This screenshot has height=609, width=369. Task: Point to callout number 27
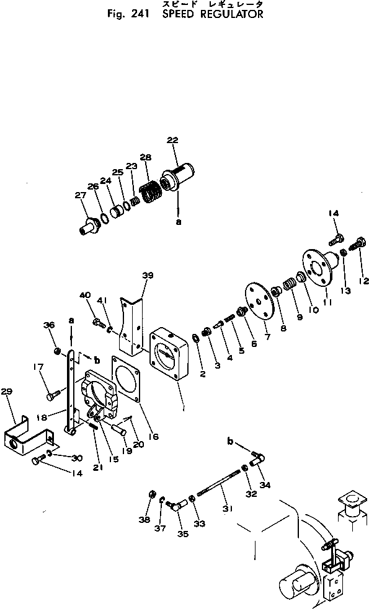(81, 195)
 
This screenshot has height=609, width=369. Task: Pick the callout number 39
(148, 275)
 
